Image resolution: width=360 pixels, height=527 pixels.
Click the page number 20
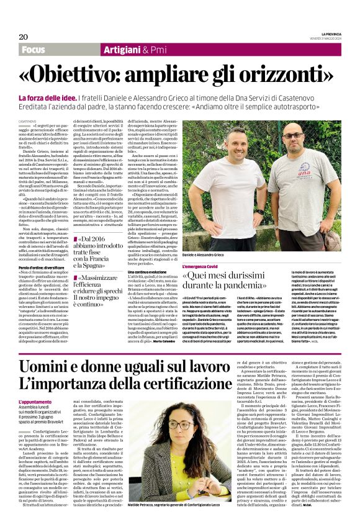click(x=23, y=37)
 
